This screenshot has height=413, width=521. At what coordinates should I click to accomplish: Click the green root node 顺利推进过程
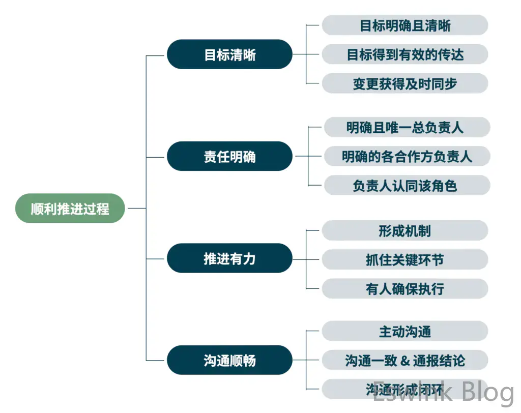70,208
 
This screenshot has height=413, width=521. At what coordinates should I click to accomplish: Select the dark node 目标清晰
229,54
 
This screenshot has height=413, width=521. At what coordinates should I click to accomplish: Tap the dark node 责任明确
229,156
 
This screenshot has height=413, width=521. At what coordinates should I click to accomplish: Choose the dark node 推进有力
229,258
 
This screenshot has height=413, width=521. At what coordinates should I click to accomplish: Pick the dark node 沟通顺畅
229,361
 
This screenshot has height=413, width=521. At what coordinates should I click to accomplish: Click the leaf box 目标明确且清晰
405,25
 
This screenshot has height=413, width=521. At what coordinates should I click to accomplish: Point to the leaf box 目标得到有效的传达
405,54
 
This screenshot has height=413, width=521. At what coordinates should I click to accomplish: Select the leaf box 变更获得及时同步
405,83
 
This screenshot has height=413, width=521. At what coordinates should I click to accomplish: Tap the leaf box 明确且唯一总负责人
406,127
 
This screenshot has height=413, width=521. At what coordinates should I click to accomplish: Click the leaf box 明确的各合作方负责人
406,156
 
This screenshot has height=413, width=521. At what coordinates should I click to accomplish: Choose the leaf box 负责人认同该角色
406,185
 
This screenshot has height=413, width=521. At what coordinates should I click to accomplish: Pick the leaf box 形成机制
405,230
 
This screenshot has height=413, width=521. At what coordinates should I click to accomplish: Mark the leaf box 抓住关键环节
405,259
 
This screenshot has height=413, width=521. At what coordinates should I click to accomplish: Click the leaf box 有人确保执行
405,288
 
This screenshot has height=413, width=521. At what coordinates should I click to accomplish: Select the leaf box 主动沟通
405,332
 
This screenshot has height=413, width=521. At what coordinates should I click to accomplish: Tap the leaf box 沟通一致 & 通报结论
405,361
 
